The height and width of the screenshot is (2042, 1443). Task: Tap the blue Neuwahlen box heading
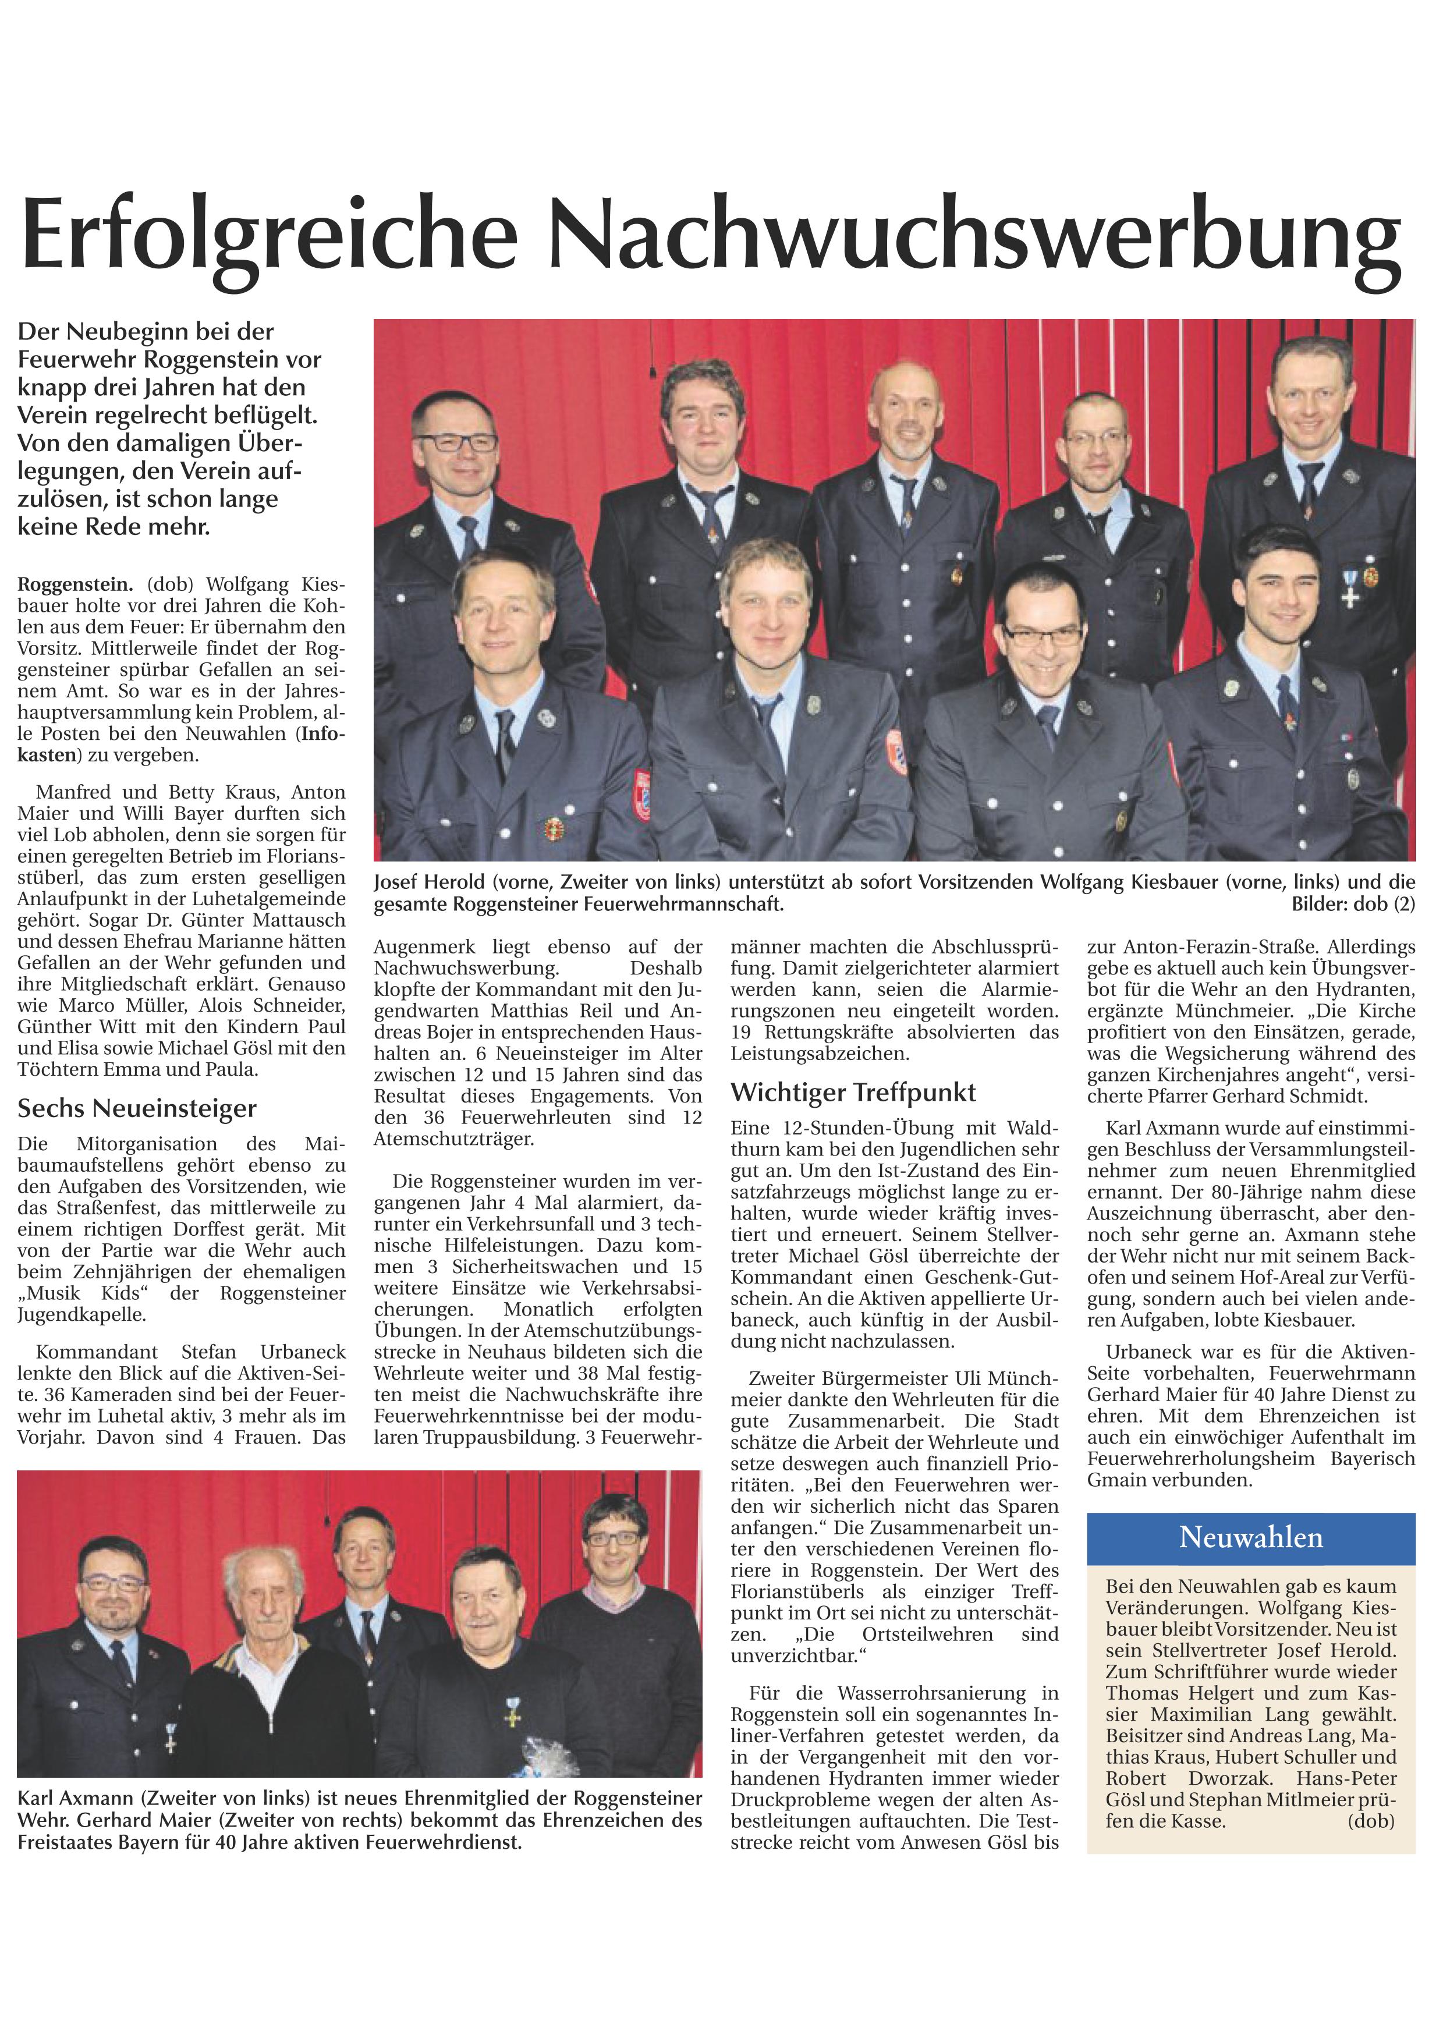click(1250, 1538)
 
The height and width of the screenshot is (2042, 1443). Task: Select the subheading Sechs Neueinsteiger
click(137, 1108)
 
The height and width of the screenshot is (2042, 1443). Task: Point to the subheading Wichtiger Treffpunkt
click(853, 1092)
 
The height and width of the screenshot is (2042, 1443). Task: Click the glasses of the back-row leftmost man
click(455, 441)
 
